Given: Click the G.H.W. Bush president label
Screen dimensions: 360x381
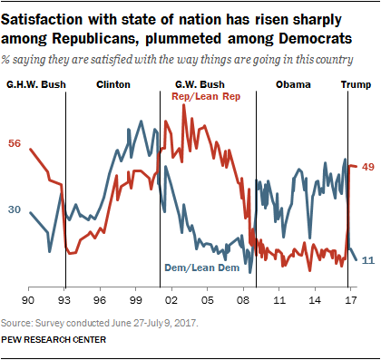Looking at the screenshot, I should pyautogui.click(x=34, y=84).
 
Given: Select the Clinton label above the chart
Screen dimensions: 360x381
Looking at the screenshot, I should pyautogui.click(x=113, y=84).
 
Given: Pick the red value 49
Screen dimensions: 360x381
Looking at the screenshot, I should pyautogui.click(x=368, y=166).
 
